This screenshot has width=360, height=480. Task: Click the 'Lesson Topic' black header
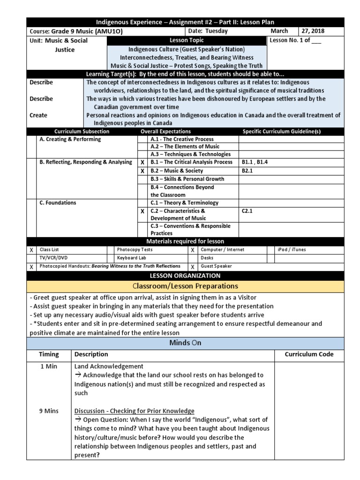click(x=187, y=41)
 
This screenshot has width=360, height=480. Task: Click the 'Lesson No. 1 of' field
click(x=295, y=41)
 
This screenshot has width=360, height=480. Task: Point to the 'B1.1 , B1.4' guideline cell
click(x=255, y=162)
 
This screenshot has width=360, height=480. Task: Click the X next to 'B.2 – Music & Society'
click(x=142, y=172)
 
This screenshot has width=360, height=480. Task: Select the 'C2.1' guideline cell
click(x=247, y=211)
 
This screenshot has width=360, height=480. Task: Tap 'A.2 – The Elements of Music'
click(x=185, y=147)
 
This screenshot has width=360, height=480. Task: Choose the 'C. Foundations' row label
click(x=58, y=203)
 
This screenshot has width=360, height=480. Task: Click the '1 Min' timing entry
click(x=48, y=366)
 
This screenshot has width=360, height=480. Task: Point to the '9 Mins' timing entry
click(x=48, y=411)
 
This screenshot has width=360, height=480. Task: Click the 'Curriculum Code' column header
click(x=309, y=354)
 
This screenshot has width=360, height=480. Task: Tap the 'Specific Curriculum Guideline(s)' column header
click(x=281, y=132)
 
